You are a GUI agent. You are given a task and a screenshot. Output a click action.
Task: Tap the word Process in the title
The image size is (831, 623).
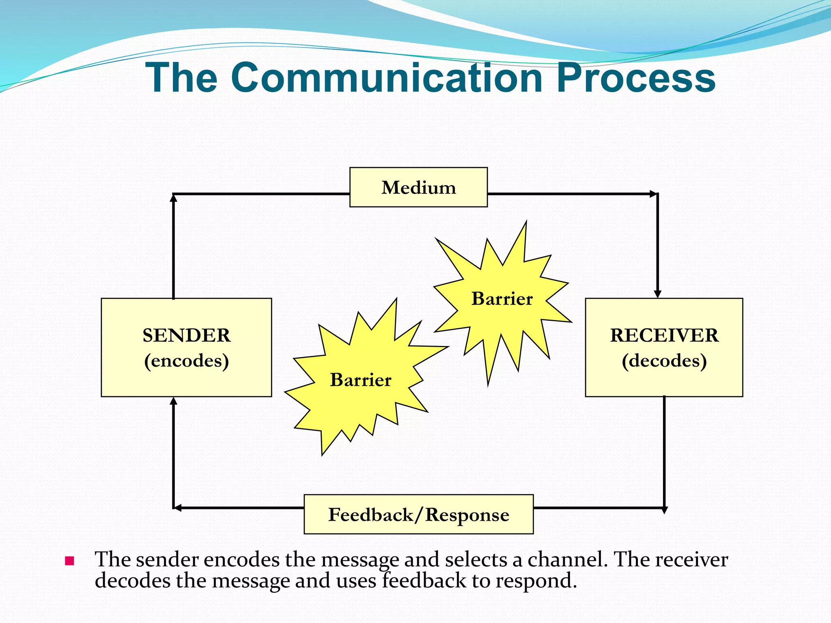(635, 78)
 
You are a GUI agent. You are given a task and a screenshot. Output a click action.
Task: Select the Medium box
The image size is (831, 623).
(418, 187)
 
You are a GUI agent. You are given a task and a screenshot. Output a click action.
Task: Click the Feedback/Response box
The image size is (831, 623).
(418, 514)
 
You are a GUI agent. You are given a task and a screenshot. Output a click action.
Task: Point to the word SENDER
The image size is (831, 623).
(186, 335)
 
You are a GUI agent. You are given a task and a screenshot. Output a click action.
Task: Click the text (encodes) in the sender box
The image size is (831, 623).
(186, 361)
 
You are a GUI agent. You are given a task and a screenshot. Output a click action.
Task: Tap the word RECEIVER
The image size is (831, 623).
(664, 335)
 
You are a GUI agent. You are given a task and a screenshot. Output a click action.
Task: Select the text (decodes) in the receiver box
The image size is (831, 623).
(664, 361)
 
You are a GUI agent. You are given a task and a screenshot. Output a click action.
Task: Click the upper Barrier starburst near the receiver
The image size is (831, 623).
(502, 299)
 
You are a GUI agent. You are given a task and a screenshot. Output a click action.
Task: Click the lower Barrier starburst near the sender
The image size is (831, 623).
(360, 380)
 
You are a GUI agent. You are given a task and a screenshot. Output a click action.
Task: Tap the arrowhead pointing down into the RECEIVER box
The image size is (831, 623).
(658, 294)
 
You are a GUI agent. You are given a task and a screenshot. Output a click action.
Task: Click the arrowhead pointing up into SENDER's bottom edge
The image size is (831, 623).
(174, 401)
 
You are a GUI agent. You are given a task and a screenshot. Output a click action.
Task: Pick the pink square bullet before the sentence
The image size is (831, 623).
(69, 561)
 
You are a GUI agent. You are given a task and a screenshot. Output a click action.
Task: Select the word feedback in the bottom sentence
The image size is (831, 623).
(424, 580)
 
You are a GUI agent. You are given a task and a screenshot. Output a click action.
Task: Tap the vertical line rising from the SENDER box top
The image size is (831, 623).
(174, 247)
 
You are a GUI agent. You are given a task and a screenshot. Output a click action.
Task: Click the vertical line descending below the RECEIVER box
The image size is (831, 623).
(664, 450)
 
